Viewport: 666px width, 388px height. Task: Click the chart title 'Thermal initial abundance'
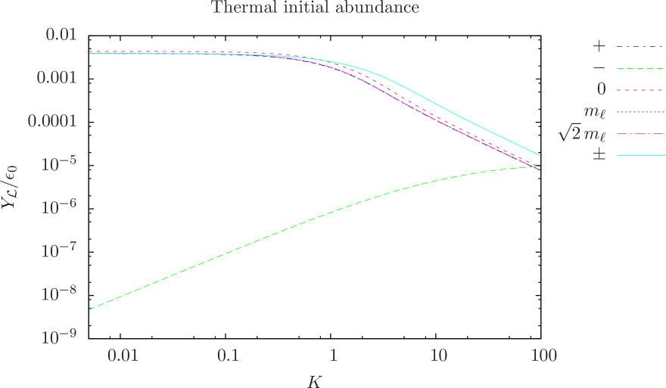pos(315,8)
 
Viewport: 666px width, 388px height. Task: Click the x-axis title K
pos(315,380)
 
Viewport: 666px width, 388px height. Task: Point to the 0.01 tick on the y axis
pos(62,35)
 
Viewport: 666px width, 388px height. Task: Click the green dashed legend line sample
pos(640,68)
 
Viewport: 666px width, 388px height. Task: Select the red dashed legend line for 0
pos(640,90)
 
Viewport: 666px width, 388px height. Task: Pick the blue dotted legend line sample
pos(640,112)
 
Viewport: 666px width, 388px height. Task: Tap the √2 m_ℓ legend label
pos(582,134)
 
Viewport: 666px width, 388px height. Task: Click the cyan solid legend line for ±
pos(640,156)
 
